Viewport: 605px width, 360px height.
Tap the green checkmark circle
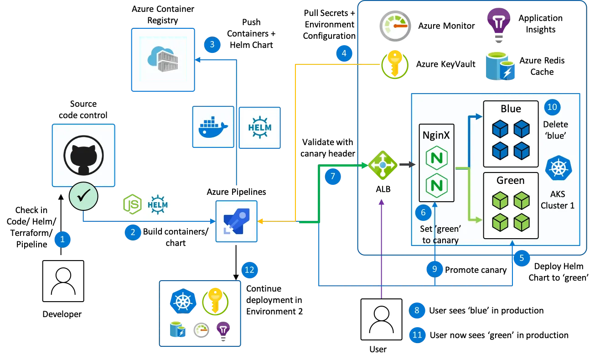(83, 197)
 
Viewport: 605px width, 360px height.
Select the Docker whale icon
(213, 127)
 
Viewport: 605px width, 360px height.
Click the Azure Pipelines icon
(236, 221)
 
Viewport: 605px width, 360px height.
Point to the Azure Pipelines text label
(236, 192)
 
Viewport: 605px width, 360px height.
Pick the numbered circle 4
(344, 53)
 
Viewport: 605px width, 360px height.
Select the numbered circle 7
(333, 176)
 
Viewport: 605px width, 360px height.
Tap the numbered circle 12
(249, 270)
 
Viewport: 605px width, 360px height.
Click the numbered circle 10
(552, 107)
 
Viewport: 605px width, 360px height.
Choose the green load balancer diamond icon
(383, 165)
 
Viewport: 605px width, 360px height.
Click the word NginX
(436, 135)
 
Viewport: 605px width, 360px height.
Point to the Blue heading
(511, 109)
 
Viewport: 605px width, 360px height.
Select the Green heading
(511, 181)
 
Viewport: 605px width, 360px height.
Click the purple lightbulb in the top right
(499, 22)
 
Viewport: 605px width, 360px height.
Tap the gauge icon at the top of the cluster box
(395, 26)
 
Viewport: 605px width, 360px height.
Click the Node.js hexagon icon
(132, 204)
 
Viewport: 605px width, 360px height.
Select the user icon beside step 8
(381, 319)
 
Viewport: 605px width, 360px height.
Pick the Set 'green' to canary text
(440, 234)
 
